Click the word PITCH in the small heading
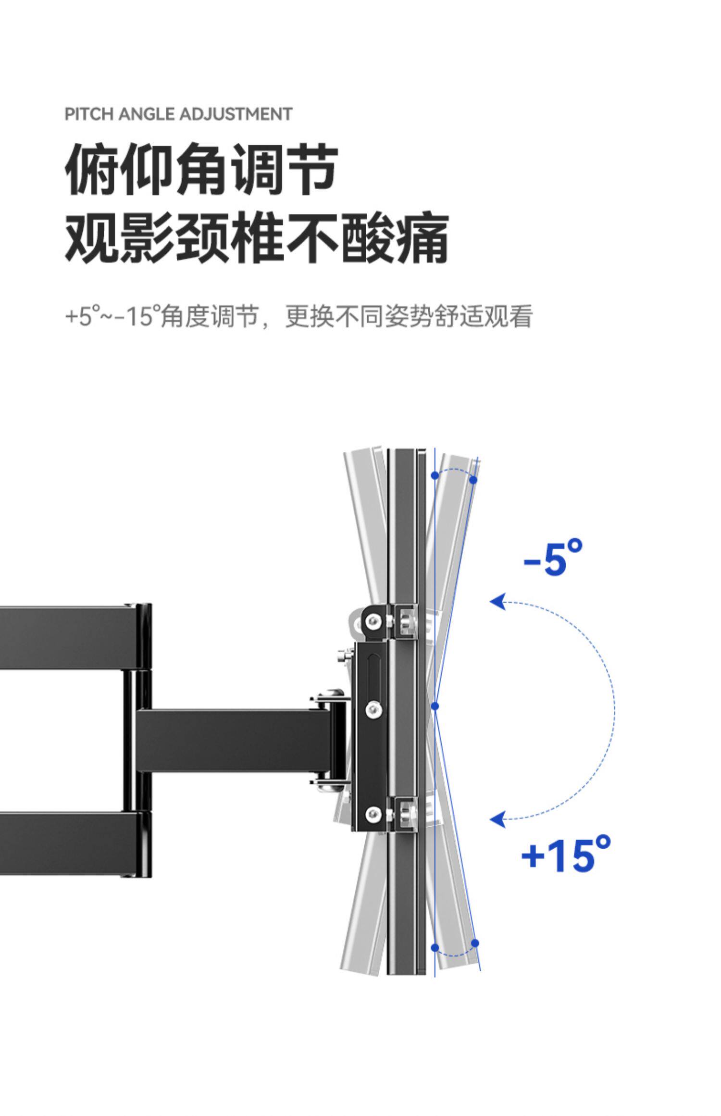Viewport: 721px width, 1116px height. pos(88,114)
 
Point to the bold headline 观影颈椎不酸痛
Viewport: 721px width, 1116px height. pos(257,239)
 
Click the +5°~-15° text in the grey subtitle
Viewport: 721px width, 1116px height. pos(112,317)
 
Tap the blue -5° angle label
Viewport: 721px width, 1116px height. pos(553,558)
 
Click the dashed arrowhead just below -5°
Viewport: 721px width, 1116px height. pos(498,602)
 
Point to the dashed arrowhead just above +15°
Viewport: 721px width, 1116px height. pos(498,818)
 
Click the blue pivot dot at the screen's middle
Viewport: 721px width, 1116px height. pos(435,706)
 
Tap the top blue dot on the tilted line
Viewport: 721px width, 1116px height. pos(473,480)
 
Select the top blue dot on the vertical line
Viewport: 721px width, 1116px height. pos(435,476)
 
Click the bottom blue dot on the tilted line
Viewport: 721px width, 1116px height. pos(475,943)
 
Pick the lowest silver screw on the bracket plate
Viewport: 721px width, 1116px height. pos(373,814)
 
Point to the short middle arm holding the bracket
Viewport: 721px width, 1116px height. pos(231,739)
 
